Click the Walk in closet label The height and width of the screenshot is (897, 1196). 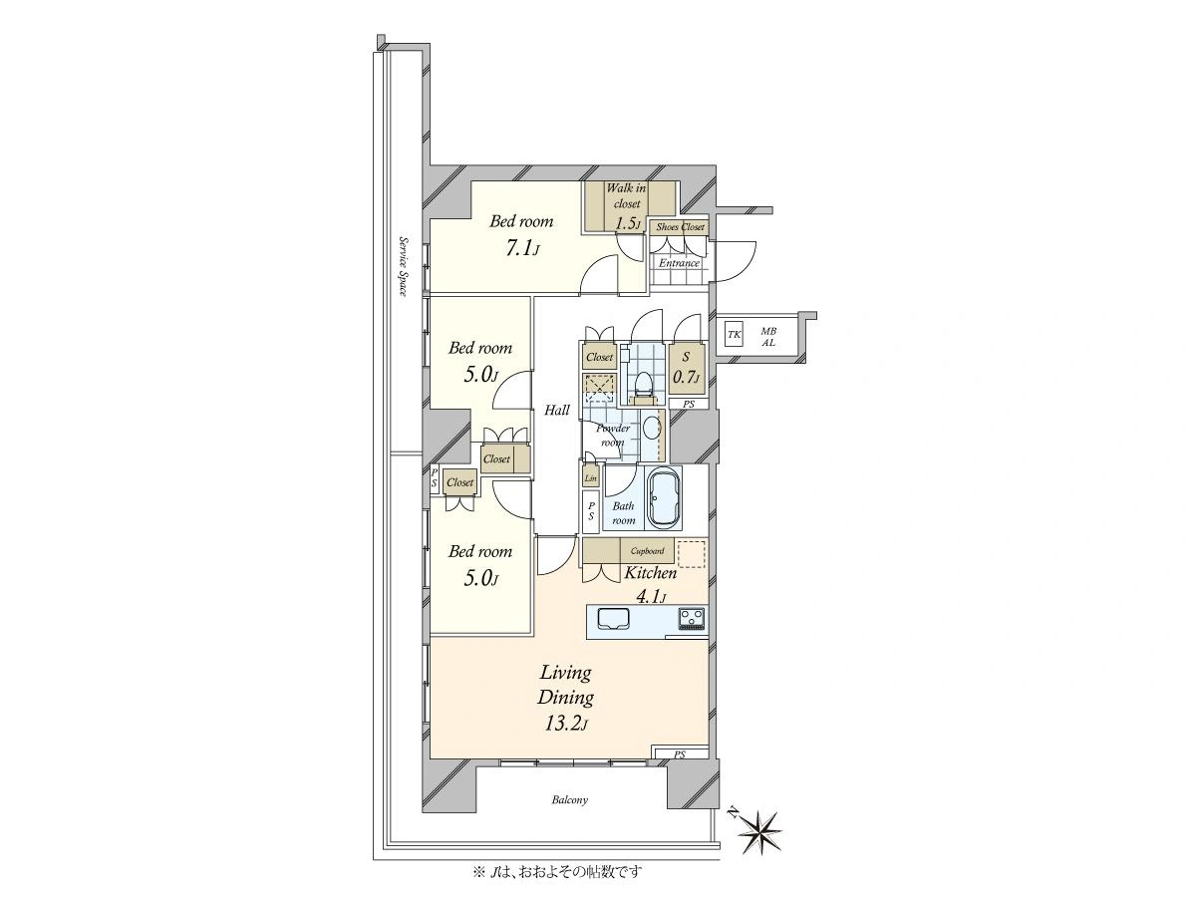click(626, 196)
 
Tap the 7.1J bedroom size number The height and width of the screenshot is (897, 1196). click(522, 249)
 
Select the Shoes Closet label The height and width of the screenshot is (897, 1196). click(680, 227)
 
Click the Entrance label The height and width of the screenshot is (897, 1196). click(679, 263)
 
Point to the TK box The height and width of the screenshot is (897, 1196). click(734, 335)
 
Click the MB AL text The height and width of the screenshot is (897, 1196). click(768, 337)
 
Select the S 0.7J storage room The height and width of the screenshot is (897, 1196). click(686, 369)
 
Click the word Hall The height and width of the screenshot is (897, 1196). click(557, 410)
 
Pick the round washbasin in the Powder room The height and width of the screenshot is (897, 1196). click(650, 429)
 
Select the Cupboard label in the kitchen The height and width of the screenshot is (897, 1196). click(647, 550)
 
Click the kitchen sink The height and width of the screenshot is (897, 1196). click(614, 619)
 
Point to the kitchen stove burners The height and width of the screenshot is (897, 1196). click(691, 619)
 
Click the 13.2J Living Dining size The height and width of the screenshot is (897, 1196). click(565, 724)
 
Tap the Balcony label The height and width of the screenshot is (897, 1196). click(570, 800)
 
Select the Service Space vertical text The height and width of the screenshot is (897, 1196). click(404, 266)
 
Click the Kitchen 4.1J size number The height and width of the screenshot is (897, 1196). click(651, 597)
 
